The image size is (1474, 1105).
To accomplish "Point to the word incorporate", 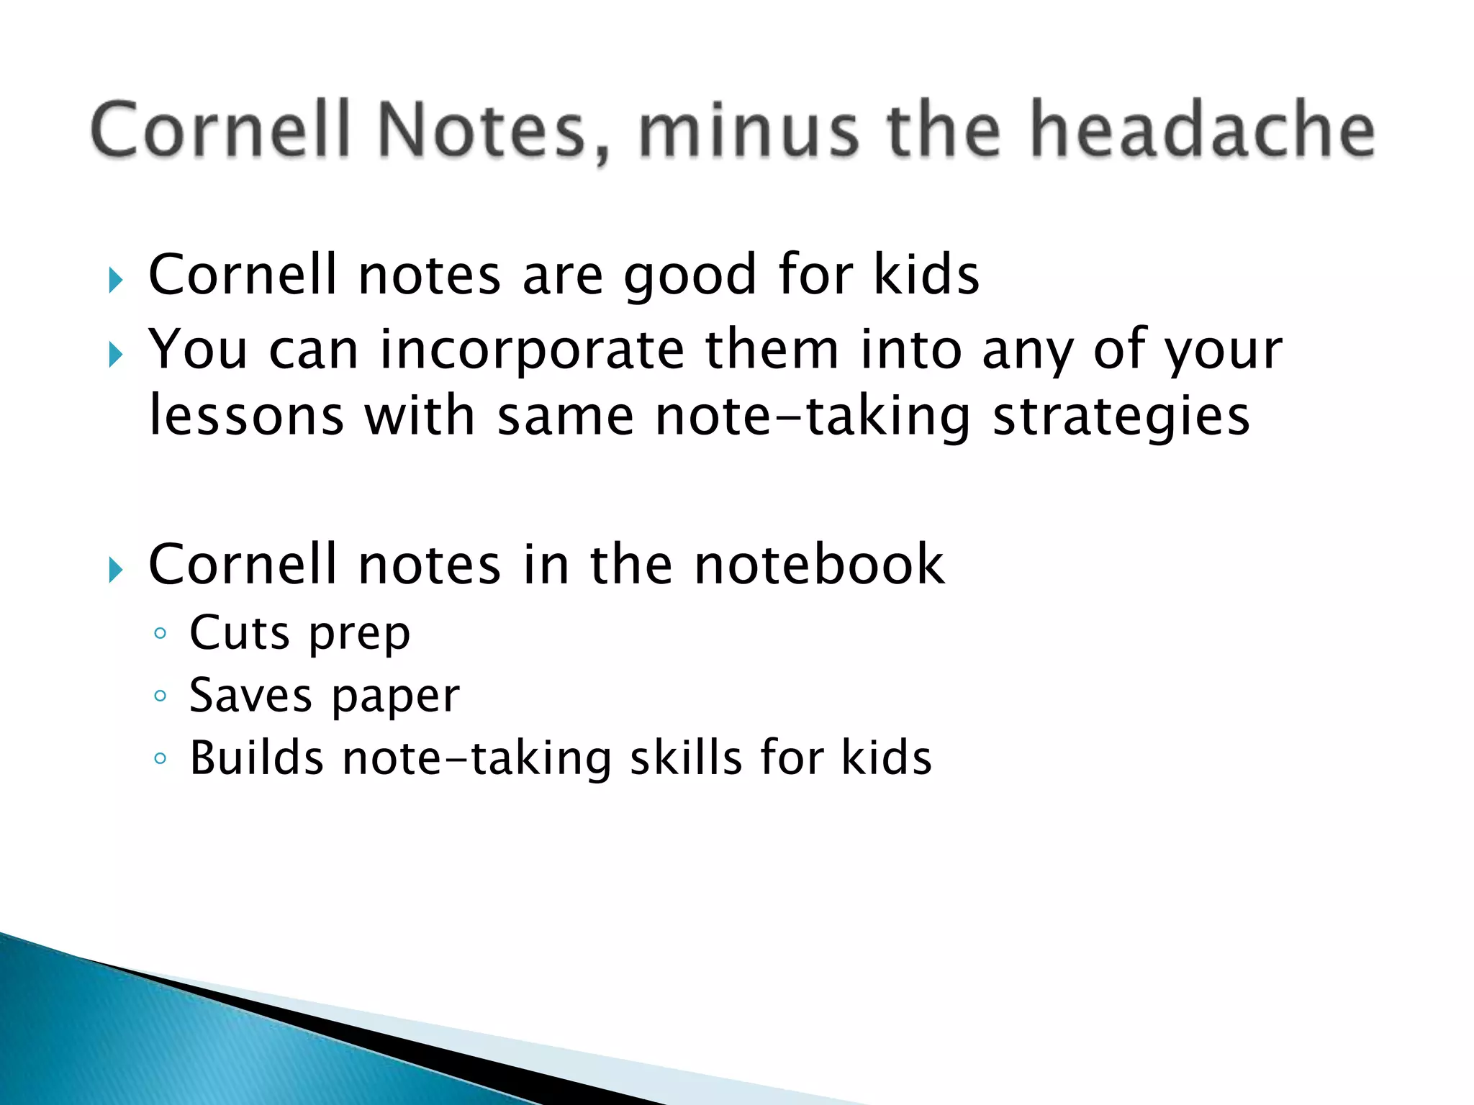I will coord(532,350).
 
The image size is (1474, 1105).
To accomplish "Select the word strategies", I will coord(1121,417).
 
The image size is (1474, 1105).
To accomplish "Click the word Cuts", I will coord(239,633).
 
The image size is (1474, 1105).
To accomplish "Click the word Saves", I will coord(250,696).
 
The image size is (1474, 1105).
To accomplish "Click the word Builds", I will coord(256,758).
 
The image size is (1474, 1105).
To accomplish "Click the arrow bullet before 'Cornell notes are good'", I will coord(115,281).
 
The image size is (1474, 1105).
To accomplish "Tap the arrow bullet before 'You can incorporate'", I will coord(115,354).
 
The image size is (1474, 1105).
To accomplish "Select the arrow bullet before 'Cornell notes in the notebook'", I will coord(115,570).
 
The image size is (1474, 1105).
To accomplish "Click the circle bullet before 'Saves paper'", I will coord(160,696).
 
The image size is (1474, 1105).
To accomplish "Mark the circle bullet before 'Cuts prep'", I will coord(160,634).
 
